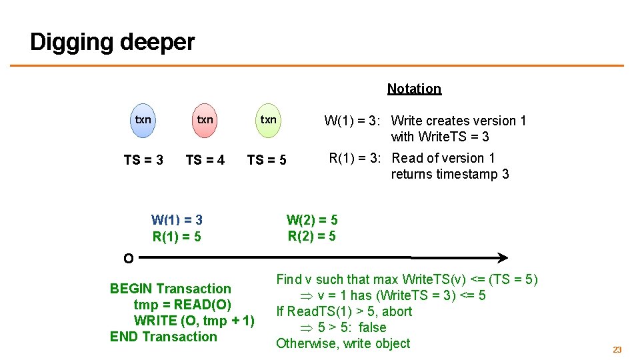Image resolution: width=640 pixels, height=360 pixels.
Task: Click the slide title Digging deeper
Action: click(112, 42)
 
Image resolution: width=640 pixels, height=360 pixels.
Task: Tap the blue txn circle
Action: click(143, 121)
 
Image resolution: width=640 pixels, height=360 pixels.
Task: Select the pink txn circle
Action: click(205, 121)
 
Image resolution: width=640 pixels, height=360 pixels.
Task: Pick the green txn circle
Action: click(268, 121)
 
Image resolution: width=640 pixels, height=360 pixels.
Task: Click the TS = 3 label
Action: click(143, 160)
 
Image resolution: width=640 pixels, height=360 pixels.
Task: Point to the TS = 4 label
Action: click(205, 160)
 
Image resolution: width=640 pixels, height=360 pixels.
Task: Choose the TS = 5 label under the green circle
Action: click(267, 160)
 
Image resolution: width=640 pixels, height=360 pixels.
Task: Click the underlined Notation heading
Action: click(414, 89)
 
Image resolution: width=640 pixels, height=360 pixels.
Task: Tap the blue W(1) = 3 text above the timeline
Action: click(177, 220)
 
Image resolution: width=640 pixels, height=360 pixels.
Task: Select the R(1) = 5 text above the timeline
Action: click(177, 237)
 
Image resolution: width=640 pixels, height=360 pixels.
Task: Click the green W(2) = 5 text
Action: click(312, 219)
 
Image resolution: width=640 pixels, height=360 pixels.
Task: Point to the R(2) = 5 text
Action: click(312, 236)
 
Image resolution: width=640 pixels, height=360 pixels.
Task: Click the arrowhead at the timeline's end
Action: click(503, 257)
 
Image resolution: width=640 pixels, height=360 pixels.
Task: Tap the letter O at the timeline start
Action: click(128, 258)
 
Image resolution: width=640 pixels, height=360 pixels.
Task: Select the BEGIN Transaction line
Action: click(170, 289)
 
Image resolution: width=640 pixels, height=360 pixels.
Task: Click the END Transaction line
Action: click(163, 337)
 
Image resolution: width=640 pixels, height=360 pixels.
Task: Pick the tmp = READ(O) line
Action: click(183, 305)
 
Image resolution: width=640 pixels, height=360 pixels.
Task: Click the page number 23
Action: click(617, 349)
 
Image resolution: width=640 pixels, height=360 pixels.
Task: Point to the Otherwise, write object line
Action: click(343, 343)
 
